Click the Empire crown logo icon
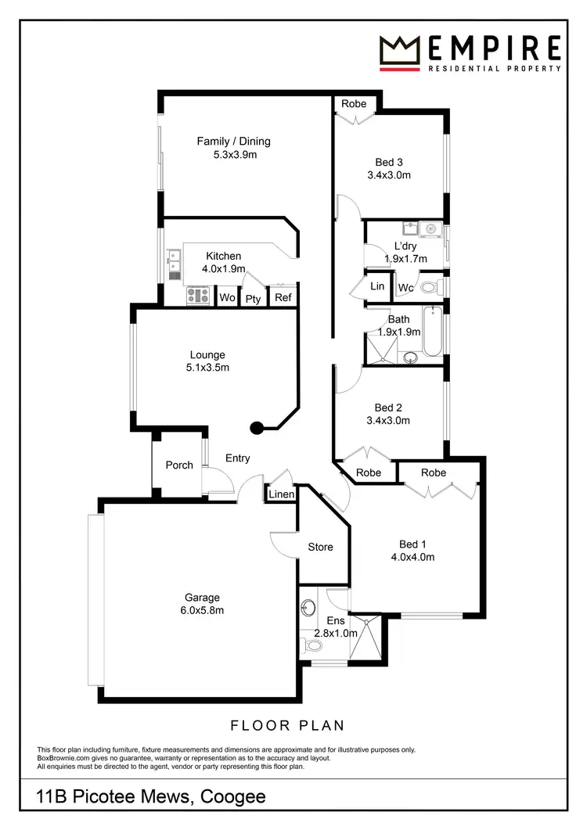tap(402, 51)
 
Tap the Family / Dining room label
tap(233, 142)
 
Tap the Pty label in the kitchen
tap(253, 299)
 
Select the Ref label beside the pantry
tap(283, 298)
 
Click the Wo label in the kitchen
tap(227, 298)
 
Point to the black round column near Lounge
tap(256, 427)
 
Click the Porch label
tap(179, 465)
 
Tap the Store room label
tap(320, 547)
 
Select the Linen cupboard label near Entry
tap(282, 494)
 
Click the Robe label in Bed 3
tap(354, 103)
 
